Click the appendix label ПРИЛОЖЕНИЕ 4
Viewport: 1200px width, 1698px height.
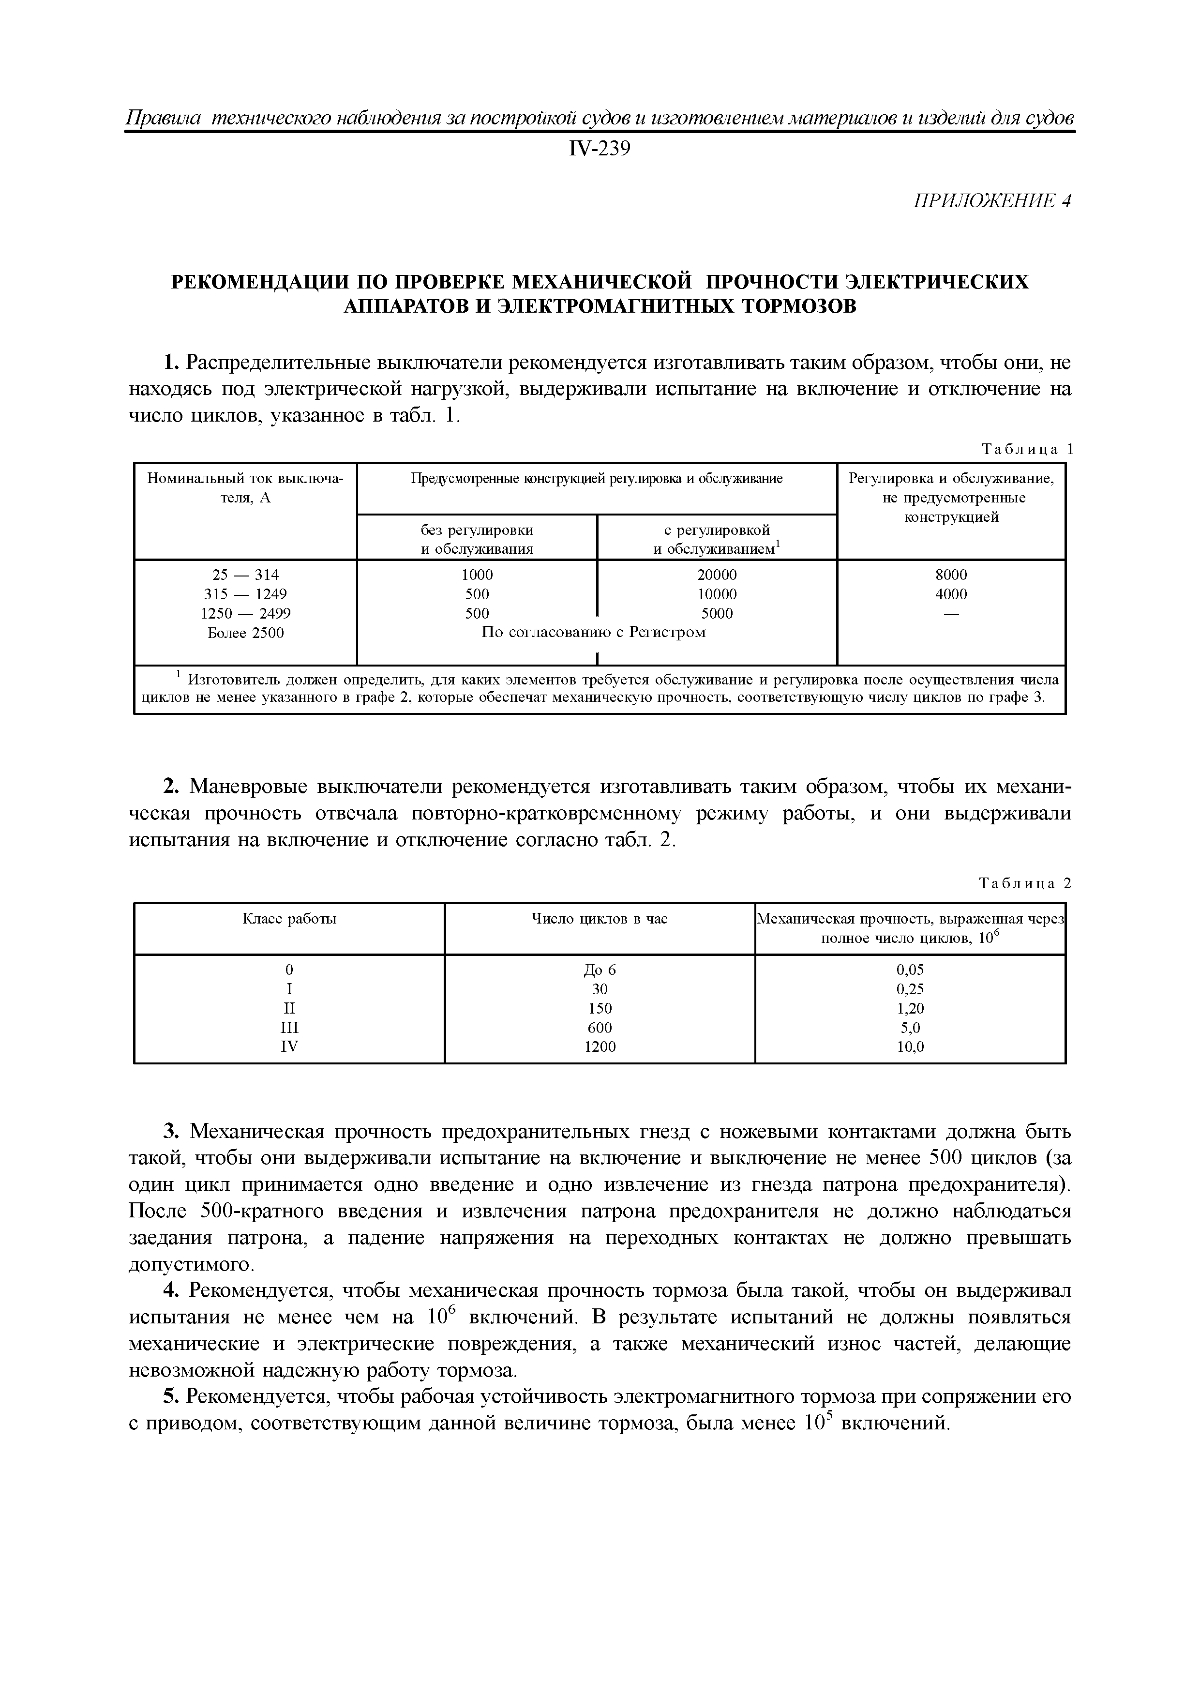992,201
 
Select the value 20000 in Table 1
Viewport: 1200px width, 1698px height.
717,575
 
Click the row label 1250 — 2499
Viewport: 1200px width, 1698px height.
245,613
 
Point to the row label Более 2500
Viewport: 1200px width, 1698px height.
245,632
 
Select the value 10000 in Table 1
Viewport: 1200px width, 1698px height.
717,594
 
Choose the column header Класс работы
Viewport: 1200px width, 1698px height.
289,919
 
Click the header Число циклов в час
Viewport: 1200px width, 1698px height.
599,919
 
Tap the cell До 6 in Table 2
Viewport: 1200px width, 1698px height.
599,970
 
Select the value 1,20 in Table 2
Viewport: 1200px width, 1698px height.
910,1008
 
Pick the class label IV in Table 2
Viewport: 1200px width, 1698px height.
289,1046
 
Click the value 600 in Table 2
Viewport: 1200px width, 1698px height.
599,1027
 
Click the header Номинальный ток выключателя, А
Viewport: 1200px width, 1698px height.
245,487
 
